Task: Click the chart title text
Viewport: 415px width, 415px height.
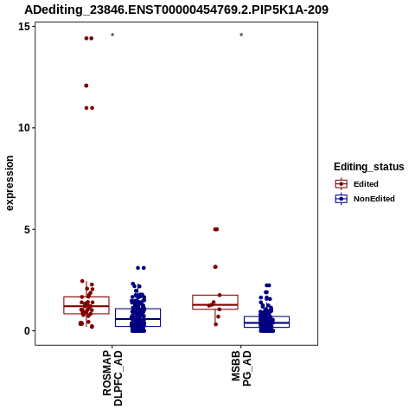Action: coord(176,10)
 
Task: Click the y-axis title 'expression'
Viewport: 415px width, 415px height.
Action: coord(10,183)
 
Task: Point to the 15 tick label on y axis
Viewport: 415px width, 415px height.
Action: coord(24,27)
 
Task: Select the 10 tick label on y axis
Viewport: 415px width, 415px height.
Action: coord(24,128)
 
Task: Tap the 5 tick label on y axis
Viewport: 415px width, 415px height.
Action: coord(27,230)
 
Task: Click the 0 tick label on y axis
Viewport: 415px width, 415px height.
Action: coord(27,331)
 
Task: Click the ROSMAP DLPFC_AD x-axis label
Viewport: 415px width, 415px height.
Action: coord(112,378)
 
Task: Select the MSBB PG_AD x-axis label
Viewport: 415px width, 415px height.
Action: coord(241,368)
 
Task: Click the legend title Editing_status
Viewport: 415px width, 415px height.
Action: coord(369,167)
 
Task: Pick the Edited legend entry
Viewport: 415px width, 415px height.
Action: coord(356,184)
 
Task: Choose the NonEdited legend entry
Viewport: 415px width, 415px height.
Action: coord(365,199)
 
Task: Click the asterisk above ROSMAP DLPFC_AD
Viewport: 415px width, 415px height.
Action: coord(112,35)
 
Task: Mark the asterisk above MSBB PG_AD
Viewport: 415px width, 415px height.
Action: coord(241,35)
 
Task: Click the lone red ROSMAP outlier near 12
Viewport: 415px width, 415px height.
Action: coord(86,86)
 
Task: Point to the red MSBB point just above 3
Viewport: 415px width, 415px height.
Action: coord(215,267)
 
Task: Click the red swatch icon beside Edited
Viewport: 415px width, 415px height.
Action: coord(342,184)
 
